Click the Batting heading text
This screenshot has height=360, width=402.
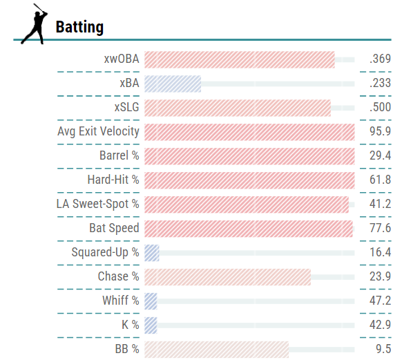coord(79,27)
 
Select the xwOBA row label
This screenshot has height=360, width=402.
coord(122,59)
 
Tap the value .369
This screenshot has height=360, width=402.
coord(379,59)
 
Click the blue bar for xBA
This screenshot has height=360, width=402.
coord(173,84)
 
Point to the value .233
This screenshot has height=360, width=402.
coord(379,84)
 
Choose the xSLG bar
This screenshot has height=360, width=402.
coord(238,108)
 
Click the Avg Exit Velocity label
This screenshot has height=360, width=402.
coord(99,131)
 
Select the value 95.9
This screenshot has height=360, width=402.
coord(380,131)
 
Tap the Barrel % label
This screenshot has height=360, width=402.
coord(119,155)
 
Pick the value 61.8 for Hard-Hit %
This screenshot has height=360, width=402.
coord(380,180)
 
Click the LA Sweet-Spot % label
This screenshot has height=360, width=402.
coord(98,204)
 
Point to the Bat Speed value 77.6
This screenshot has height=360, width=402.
coord(380,228)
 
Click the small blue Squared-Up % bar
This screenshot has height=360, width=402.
coord(152,252)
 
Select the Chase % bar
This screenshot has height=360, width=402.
coord(227,276)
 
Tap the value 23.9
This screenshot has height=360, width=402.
coord(380,276)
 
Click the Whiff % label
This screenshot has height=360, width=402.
coord(121,301)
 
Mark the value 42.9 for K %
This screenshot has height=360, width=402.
coord(380,325)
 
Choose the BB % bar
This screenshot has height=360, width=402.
coord(216,349)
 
